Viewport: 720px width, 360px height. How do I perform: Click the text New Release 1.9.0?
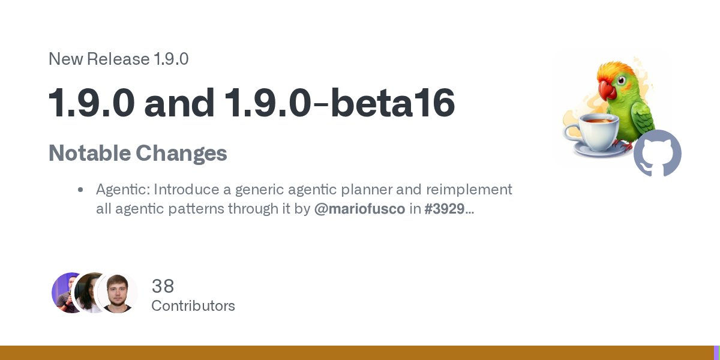coord(118,59)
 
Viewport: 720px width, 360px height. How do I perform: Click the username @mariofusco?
coord(359,209)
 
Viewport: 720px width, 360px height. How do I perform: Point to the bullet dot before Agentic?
coord(80,190)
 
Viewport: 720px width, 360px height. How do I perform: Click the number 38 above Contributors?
coord(163,286)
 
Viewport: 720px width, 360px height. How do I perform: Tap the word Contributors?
coord(193,306)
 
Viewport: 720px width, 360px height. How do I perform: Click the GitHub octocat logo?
coord(658,153)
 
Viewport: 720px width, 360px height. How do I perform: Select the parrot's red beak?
coord(608,90)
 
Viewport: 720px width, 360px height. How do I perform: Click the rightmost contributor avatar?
coord(117,293)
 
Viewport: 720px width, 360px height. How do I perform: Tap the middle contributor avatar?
coord(92,293)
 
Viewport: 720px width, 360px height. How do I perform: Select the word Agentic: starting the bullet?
coord(122,190)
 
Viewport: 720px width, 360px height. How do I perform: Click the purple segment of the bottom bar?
coord(716,353)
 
